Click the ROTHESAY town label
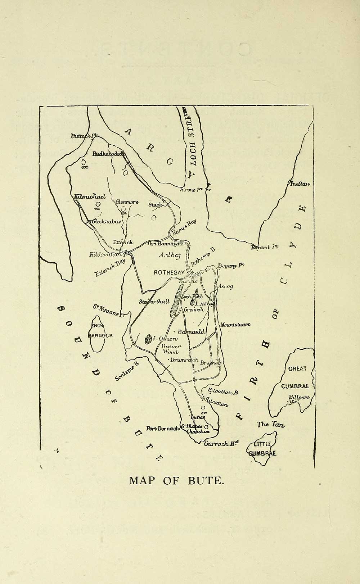point(169,272)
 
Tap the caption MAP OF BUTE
point(176,481)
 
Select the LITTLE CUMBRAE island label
point(262,449)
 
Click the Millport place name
point(299,398)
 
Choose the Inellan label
point(300,184)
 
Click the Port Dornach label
point(163,429)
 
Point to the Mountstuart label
point(236,324)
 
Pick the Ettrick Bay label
point(110,268)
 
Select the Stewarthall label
point(154,302)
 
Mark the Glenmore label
point(127,202)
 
